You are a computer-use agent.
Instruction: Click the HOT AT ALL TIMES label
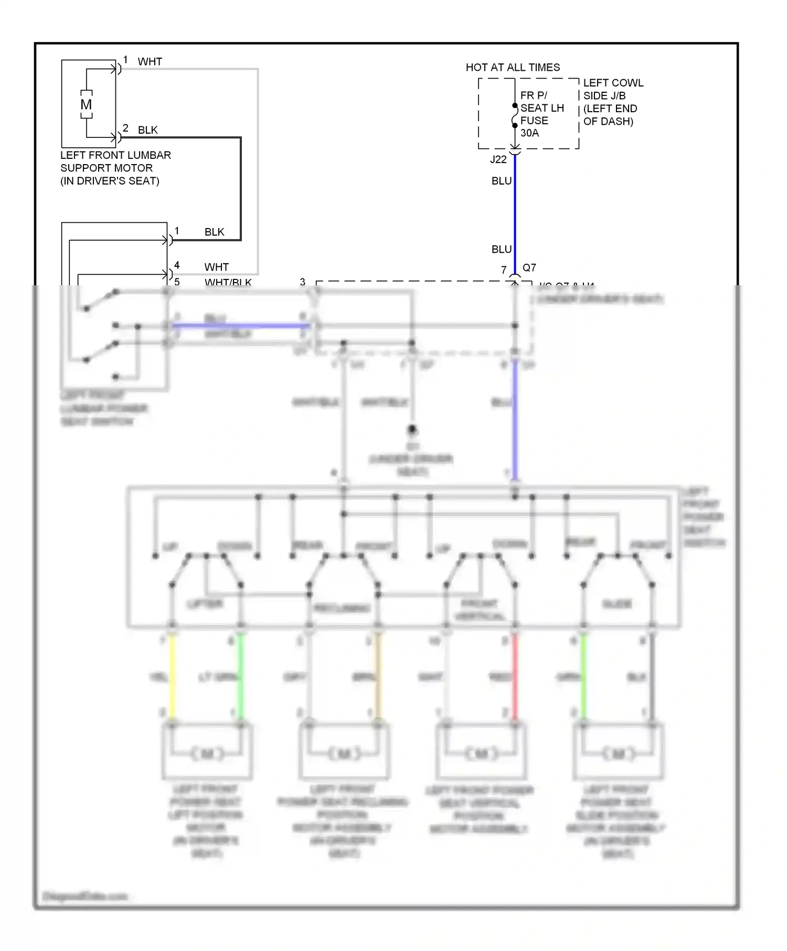pyautogui.click(x=513, y=67)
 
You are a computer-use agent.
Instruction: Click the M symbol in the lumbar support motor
pyautogui.click(x=86, y=105)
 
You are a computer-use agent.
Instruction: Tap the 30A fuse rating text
pyautogui.click(x=529, y=133)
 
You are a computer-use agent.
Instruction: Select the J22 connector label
pyautogui.click(x=498, y=159)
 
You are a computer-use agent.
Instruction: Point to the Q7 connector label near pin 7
pyautogui.click(x=529, y=267)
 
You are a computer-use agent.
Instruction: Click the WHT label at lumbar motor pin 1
pyautogui.click(x=150, y=62)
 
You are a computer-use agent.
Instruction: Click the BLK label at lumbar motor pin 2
pyautogui.click(x=147, y=130)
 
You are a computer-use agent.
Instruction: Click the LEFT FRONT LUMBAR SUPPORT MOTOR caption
pyautogui.click(x=115, y=168)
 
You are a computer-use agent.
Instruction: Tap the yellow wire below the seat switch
pyautogui.click(x=172, y=676)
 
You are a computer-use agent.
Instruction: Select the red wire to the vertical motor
pyautogui.click(x=515, y=676)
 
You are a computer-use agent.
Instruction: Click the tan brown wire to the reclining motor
pyautogui.click(x=378, y=676)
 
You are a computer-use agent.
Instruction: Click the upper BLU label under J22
pyautogui.click(x=501, y=181)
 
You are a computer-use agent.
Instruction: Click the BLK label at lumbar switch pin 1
pyautogui.click(x=214, y=232)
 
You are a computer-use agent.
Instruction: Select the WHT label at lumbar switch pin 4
pyautogui.click(x=216, y=267)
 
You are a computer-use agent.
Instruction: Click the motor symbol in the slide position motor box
pyautogui.click(x=618, y=754)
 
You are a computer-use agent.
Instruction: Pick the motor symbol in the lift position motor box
pyautogui.click(x=207, y=754)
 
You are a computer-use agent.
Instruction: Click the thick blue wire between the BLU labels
pyautogui.click(x=515, y=215)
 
